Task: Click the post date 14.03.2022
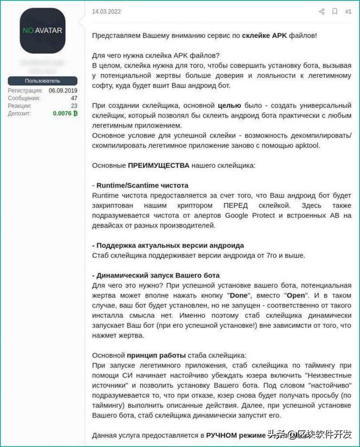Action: pos(106,12)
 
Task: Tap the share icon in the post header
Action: pos(322,12)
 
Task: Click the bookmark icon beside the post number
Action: pos(335,12)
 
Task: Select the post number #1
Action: pos(348,12)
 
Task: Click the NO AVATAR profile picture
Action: pos(42,31)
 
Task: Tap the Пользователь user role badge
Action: pos(42,81)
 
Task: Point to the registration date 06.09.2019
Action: pos(63,90)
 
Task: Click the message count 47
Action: pos(74,98)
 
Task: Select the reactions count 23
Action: pos(74,106)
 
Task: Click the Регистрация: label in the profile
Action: pos(25,90)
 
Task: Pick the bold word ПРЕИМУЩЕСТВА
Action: pos(159,165)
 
